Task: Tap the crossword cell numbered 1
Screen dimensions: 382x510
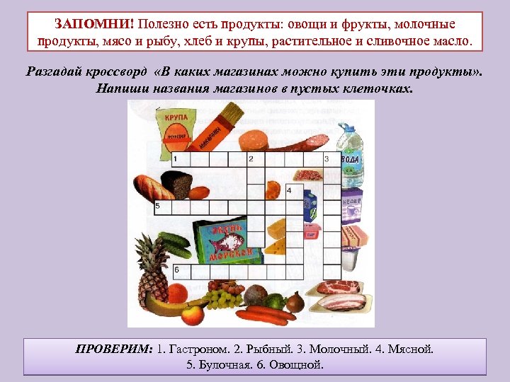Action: click(x=178, y=159)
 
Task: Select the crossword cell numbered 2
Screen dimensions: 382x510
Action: click(x=254, y=159)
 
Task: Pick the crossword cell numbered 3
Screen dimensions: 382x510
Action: click(x=330, y=159)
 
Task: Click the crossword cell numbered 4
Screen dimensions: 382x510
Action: click(x=293, y=191)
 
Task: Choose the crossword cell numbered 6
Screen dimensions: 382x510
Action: click(x=178, y=270)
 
